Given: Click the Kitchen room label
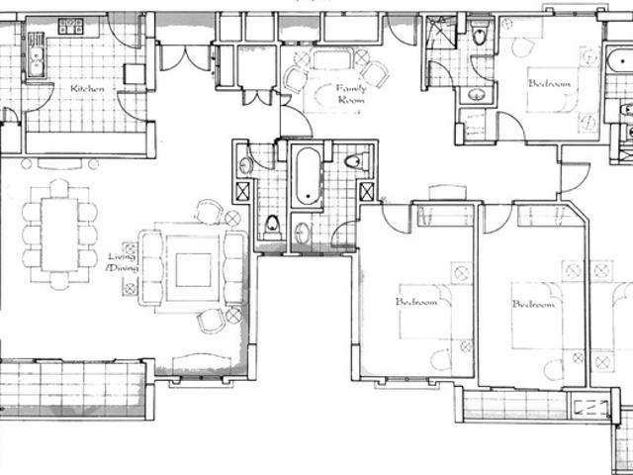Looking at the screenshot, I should point(87,88).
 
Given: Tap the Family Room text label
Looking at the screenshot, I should point(351,94).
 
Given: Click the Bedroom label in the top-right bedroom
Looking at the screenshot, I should point(550,84).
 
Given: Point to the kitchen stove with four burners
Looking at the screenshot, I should point(70,25).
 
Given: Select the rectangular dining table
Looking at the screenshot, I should point(59,235).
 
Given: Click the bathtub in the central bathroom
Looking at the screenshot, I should point(307,176).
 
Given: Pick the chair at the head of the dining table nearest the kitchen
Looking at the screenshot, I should point(59,188).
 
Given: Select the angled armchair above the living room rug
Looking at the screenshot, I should point(210,212).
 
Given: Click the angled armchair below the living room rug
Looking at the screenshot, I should point(211,321).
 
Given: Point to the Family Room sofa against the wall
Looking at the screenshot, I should point(331,58).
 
